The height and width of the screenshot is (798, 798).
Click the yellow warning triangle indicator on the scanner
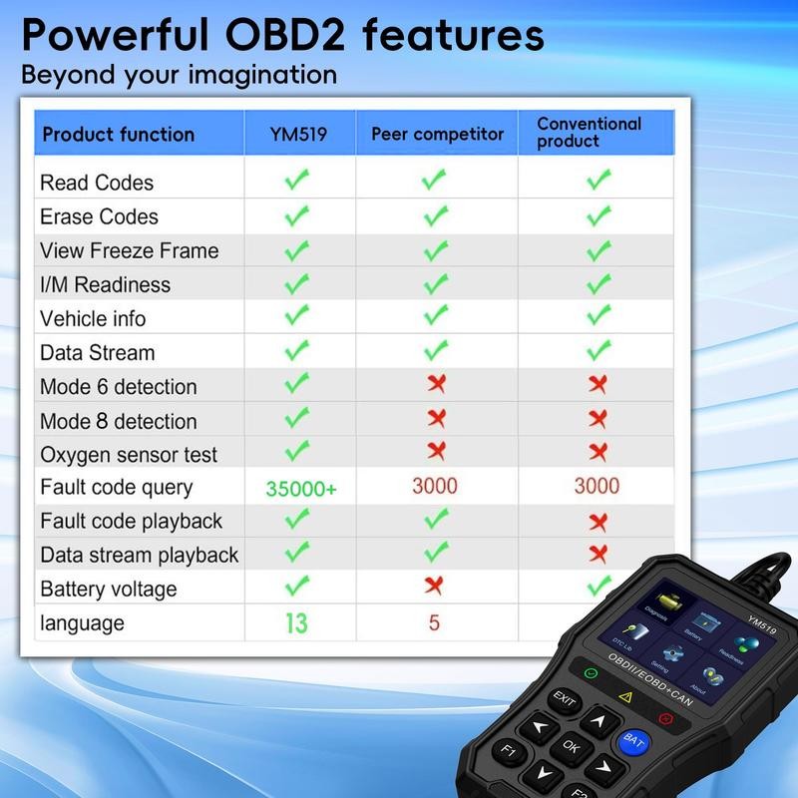[x=625, y=697]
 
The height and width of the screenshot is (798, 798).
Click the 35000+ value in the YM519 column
[x=301, y=489]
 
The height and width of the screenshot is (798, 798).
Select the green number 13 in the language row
[x=296, y=623]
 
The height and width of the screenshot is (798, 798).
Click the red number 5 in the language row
[x=434, y=622]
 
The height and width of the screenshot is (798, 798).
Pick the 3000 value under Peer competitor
[x=435, y=487]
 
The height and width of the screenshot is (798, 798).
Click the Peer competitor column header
[x=437, y=134]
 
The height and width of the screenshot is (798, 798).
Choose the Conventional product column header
[x=589, y=132]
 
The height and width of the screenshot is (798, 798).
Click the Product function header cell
[x=119, y=135]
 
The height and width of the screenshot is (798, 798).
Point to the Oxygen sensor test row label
[x=129, y=454]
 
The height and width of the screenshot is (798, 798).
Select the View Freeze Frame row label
[x=129, y=250]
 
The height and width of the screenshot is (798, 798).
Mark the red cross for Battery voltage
[x=434, y=586]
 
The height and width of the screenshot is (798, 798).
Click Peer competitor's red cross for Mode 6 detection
[x=435, y=384]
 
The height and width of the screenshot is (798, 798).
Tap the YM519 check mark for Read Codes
[x=296, y=182]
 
